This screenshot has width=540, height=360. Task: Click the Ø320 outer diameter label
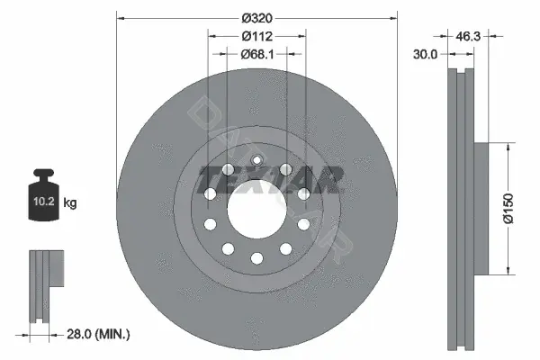256,18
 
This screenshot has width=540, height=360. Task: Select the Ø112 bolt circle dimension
256,36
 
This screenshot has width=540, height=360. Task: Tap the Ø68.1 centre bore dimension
257,54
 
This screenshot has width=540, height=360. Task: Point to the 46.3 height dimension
468,36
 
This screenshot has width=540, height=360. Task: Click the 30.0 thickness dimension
425,54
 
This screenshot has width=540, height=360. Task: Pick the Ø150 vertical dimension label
508,209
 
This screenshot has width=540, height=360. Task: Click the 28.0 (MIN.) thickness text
98,334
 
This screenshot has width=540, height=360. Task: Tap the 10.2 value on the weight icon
44,202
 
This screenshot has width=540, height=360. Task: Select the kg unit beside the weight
70,202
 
